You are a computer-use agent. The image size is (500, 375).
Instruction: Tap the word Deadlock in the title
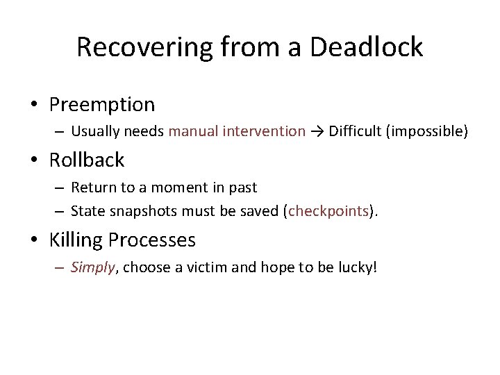point(367,47)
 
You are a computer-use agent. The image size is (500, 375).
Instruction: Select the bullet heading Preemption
point(102,105)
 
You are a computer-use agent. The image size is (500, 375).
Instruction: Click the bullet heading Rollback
point(87,160)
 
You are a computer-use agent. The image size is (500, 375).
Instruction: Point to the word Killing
point(74,240)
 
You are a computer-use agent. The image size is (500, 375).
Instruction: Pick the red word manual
point(193,131)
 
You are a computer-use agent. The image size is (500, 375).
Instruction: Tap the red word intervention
point(265,131)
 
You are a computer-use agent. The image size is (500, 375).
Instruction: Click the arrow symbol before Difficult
point(317,131)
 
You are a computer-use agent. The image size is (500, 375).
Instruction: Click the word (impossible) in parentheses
point(426,131)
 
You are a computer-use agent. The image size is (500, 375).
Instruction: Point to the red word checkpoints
point(328,211)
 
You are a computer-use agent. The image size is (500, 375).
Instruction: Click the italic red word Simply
point(92,268)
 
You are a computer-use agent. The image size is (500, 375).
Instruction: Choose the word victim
point(207,268)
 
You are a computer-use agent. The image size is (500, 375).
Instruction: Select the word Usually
point(94,131)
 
